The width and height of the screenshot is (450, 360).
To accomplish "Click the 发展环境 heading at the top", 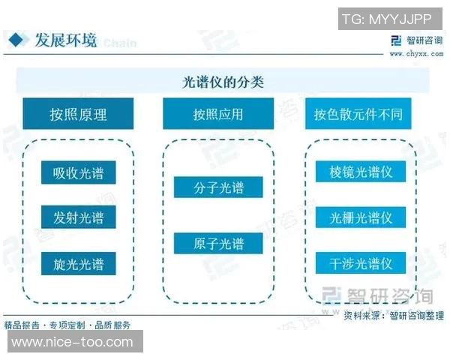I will (x=66, y=40).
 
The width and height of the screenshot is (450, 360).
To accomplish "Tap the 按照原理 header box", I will (x=78, y=114).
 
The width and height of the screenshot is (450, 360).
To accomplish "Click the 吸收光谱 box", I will (x=78, y=173).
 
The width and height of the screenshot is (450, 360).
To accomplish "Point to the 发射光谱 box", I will (x=78, y=218).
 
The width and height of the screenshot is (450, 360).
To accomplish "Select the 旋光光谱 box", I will (x=78, y=263).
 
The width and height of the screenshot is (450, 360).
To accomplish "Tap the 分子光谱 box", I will (x=218, y=187).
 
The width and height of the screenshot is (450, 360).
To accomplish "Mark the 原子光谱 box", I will (x=218, y=244).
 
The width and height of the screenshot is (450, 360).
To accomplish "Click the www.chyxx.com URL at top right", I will (x=413, y=53).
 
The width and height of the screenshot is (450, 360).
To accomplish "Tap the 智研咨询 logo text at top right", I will (x=420, y=40).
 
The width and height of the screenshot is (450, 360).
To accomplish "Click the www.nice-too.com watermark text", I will (x=73, y=342).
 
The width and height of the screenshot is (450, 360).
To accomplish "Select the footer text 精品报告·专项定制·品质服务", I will (x=67, y=325).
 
